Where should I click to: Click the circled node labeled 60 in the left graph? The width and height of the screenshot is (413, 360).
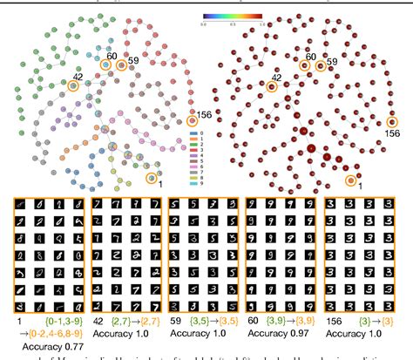point(106,65)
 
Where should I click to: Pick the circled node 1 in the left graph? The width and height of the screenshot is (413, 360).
point(154,177)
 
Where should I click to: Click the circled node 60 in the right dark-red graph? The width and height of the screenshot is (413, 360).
point(305,65)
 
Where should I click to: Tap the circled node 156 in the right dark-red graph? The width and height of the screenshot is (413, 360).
point(393,123)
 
